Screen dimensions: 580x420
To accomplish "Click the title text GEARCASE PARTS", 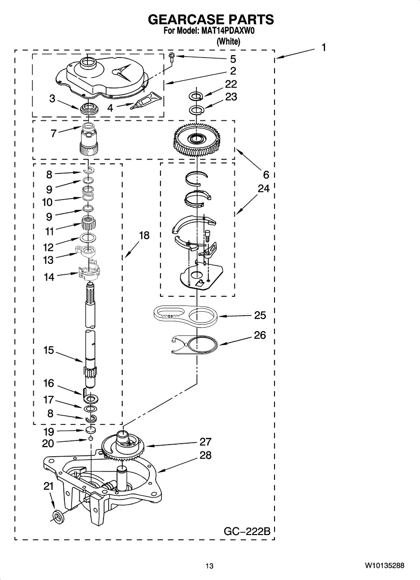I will [x=210, y=19].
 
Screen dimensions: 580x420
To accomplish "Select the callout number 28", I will [x=206, y=455].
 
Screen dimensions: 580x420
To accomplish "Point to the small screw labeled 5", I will [x=172, y=57].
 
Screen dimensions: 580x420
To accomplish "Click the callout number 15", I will [x=49, y=350].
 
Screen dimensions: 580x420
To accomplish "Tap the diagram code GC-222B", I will [x=246, y=531].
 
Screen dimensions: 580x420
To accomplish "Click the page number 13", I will [x=209, y=565].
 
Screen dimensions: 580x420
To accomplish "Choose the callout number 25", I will [x=260, y=315].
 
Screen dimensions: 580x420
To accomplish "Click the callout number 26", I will [x=260, y=335].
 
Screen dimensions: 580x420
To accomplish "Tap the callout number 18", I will [x=144, y=235].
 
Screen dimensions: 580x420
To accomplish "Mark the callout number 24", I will [x=263, y=189].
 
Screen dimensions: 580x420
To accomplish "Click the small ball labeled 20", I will [x=90, y=438].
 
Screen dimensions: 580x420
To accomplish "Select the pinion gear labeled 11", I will [x=88, y=224].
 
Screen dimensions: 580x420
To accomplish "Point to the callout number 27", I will [x=206, y=441].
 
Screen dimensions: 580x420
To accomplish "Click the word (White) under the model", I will [x=228, y=42].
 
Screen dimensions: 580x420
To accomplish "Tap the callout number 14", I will [x=49, y=277].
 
